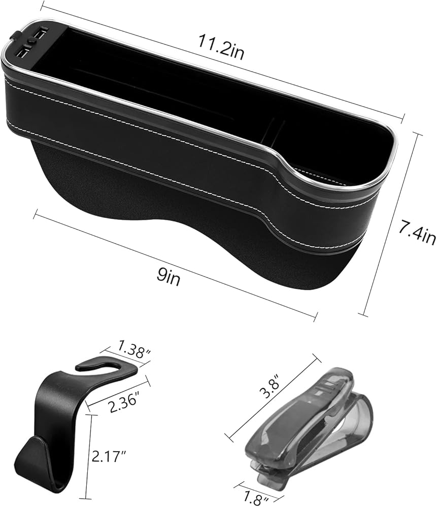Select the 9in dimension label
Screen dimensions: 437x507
169,277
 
